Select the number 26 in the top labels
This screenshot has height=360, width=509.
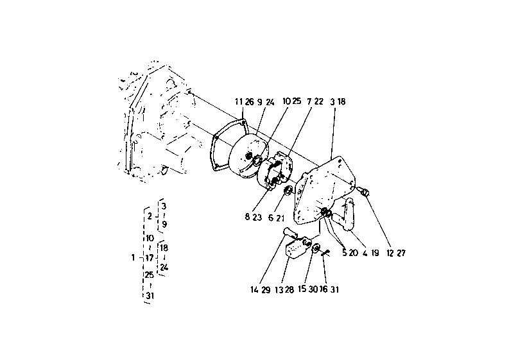click(x=249, y=101)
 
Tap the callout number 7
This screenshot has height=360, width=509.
click(x=309, y=101)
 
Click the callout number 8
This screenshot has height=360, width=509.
click(x=246, y=217)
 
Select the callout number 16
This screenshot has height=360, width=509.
click(x=323, y=289)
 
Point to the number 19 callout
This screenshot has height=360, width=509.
click(x=375, y=252)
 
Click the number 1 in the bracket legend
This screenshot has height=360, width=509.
click(x=132, y=257)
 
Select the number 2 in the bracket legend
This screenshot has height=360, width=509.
click(x=148, y=216)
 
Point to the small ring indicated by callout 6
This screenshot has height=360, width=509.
click(x=288, y=190)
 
